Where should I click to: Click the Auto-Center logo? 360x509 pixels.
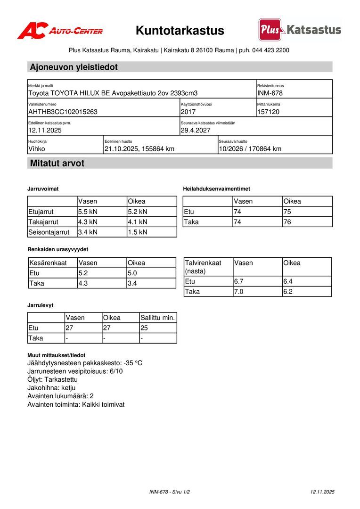click(x=60, y=31)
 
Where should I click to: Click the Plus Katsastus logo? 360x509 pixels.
click(x=300, y=30)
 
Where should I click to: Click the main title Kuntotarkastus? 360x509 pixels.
click(x=180, y=31)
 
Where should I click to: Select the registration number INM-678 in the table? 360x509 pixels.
click(x=270, y=93)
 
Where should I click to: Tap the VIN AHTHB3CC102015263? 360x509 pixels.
click(x=63, y=112)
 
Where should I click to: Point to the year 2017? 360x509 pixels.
click(x=188, y=112)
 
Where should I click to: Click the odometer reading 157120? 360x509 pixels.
click(x=269, y=112)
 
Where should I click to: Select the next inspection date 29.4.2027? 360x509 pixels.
click(x=196, y=130)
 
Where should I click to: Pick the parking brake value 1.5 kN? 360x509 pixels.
click(x=138, y=232)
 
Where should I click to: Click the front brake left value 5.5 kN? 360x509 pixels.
click(x=88, y=212)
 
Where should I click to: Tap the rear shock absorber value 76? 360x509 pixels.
click(x=287, y=222)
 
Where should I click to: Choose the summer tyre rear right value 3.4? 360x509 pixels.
click(x=132, y=283)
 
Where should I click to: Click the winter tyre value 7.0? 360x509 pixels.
click(x=239, y=292)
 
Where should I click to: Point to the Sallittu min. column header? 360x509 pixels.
click(x=158, y=318)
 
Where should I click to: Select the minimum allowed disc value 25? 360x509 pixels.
click(x=144, y=328)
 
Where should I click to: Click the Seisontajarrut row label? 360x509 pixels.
click(x=49, y=232)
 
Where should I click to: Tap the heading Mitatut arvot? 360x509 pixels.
click(x=57, y=164)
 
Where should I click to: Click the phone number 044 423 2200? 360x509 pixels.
click(x=270, y=50)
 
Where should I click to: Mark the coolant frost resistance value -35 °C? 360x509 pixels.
click(x=133, y=363)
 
